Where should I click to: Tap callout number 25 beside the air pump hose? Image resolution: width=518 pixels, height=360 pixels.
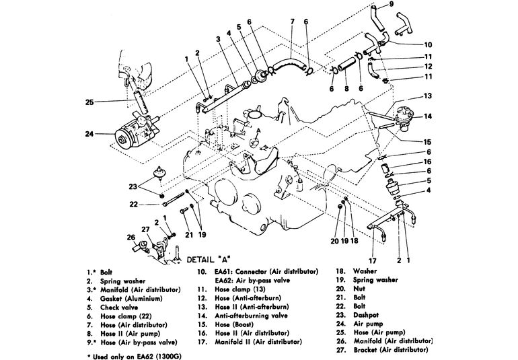tap(89, 102)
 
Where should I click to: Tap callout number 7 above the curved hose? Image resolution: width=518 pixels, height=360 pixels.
tap(292, 21)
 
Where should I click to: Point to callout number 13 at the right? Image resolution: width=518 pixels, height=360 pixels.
tap(427, 96)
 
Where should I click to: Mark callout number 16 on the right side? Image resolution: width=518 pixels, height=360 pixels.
tap(427, 161)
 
